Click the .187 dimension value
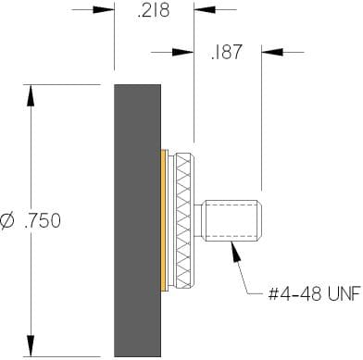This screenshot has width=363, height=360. point(226,52)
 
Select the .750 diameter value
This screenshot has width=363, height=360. point(43,221)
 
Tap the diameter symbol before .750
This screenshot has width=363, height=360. point(8,221)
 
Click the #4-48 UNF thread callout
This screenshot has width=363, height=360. point(315,293)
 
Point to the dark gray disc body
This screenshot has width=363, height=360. point(138,220)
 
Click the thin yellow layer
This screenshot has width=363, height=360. point(165,220)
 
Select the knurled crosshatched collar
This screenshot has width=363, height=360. point(184,221)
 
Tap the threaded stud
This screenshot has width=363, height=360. point(232,220)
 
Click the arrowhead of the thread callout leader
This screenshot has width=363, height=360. point(235,252)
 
